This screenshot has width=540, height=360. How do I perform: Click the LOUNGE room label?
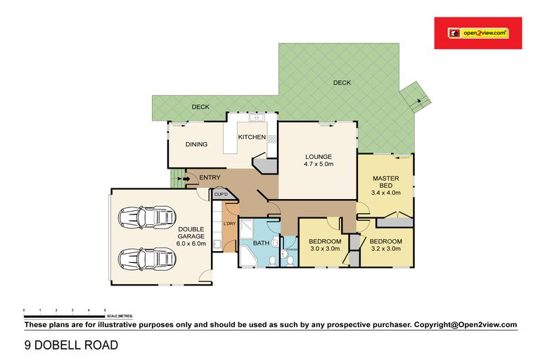pyautogui.click(x=318, y=156)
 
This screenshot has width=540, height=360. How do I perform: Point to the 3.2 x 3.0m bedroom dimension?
pyautogui.click(x=385, y=248)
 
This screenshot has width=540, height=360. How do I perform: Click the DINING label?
pyautogui.click(x=196, y=145)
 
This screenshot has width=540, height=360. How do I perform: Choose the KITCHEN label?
pyautogui.click(x=251, y=136)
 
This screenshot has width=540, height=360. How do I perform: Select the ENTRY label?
pyautogui.click(x=210, y=178)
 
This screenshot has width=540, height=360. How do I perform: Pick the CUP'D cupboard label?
pyautogui.click(x=220, y=194)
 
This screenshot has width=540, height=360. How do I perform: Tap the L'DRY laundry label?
pyautogui.click(x=229, y=224)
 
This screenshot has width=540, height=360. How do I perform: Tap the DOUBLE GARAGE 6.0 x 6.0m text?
pyautogui.click(x=191, y=236)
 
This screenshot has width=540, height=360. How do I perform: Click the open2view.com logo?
pyautogui.click(x=477, y=33)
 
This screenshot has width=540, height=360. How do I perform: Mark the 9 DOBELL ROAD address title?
pyautogui.click(x=67, y=345)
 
